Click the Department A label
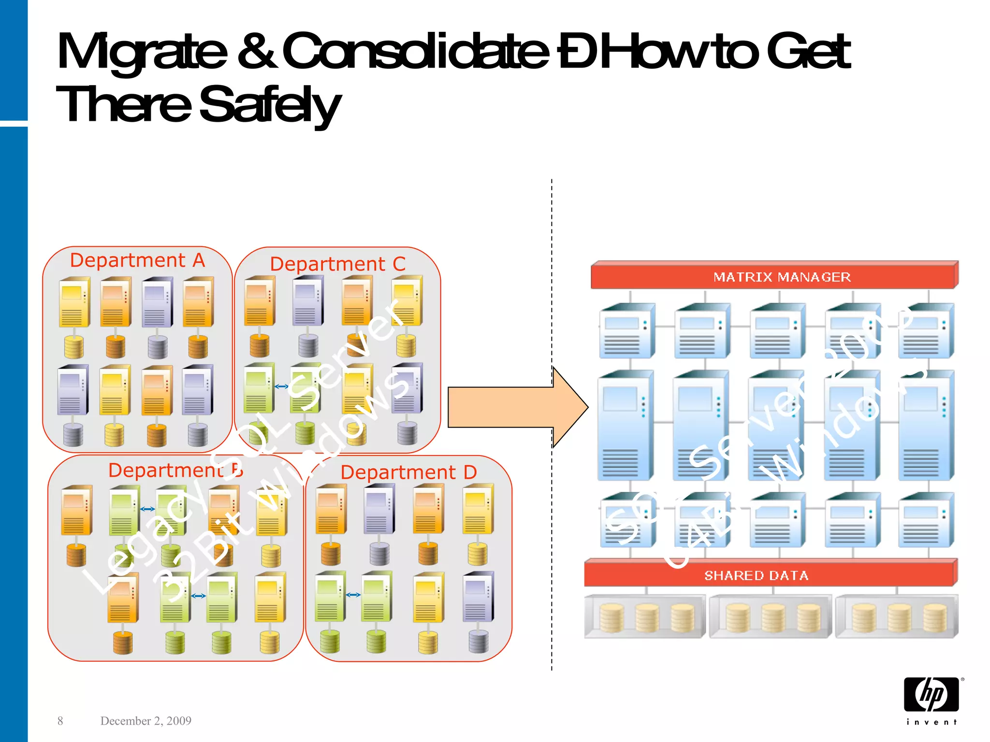137,260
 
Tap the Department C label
337,264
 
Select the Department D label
408,472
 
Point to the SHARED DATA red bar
771,574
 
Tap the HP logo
932,695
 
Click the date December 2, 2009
146,721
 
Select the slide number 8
60,721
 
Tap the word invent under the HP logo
932,722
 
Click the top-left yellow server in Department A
74,303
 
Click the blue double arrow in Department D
353,595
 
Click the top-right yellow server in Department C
407,301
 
